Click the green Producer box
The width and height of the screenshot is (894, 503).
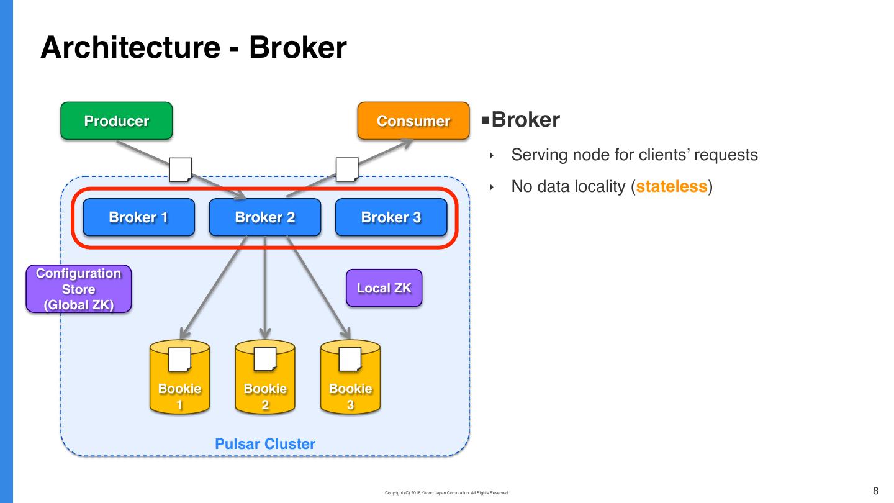coord(116,121)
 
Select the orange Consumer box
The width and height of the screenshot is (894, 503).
coord(413,121)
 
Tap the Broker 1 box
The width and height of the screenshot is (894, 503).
coord(138,217)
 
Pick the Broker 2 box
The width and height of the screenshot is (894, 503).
coord(265,217)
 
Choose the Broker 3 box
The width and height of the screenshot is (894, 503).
coord(391,217)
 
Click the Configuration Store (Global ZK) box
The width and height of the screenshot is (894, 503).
coord(79,289)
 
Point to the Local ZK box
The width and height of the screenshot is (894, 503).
coord(384,288)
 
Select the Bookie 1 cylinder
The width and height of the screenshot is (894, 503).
coord(179,379)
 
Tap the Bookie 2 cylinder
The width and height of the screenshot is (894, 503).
coord(265,379)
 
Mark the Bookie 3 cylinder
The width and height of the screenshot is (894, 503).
coord(350,379)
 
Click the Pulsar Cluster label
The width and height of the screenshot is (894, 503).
coord(265,444)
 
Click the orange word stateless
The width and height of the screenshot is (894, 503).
coord(672,186)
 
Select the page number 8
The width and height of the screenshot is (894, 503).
coord(876,491)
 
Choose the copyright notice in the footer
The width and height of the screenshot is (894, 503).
coord(446,493)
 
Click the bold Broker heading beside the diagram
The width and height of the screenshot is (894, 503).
coord(525,120)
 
